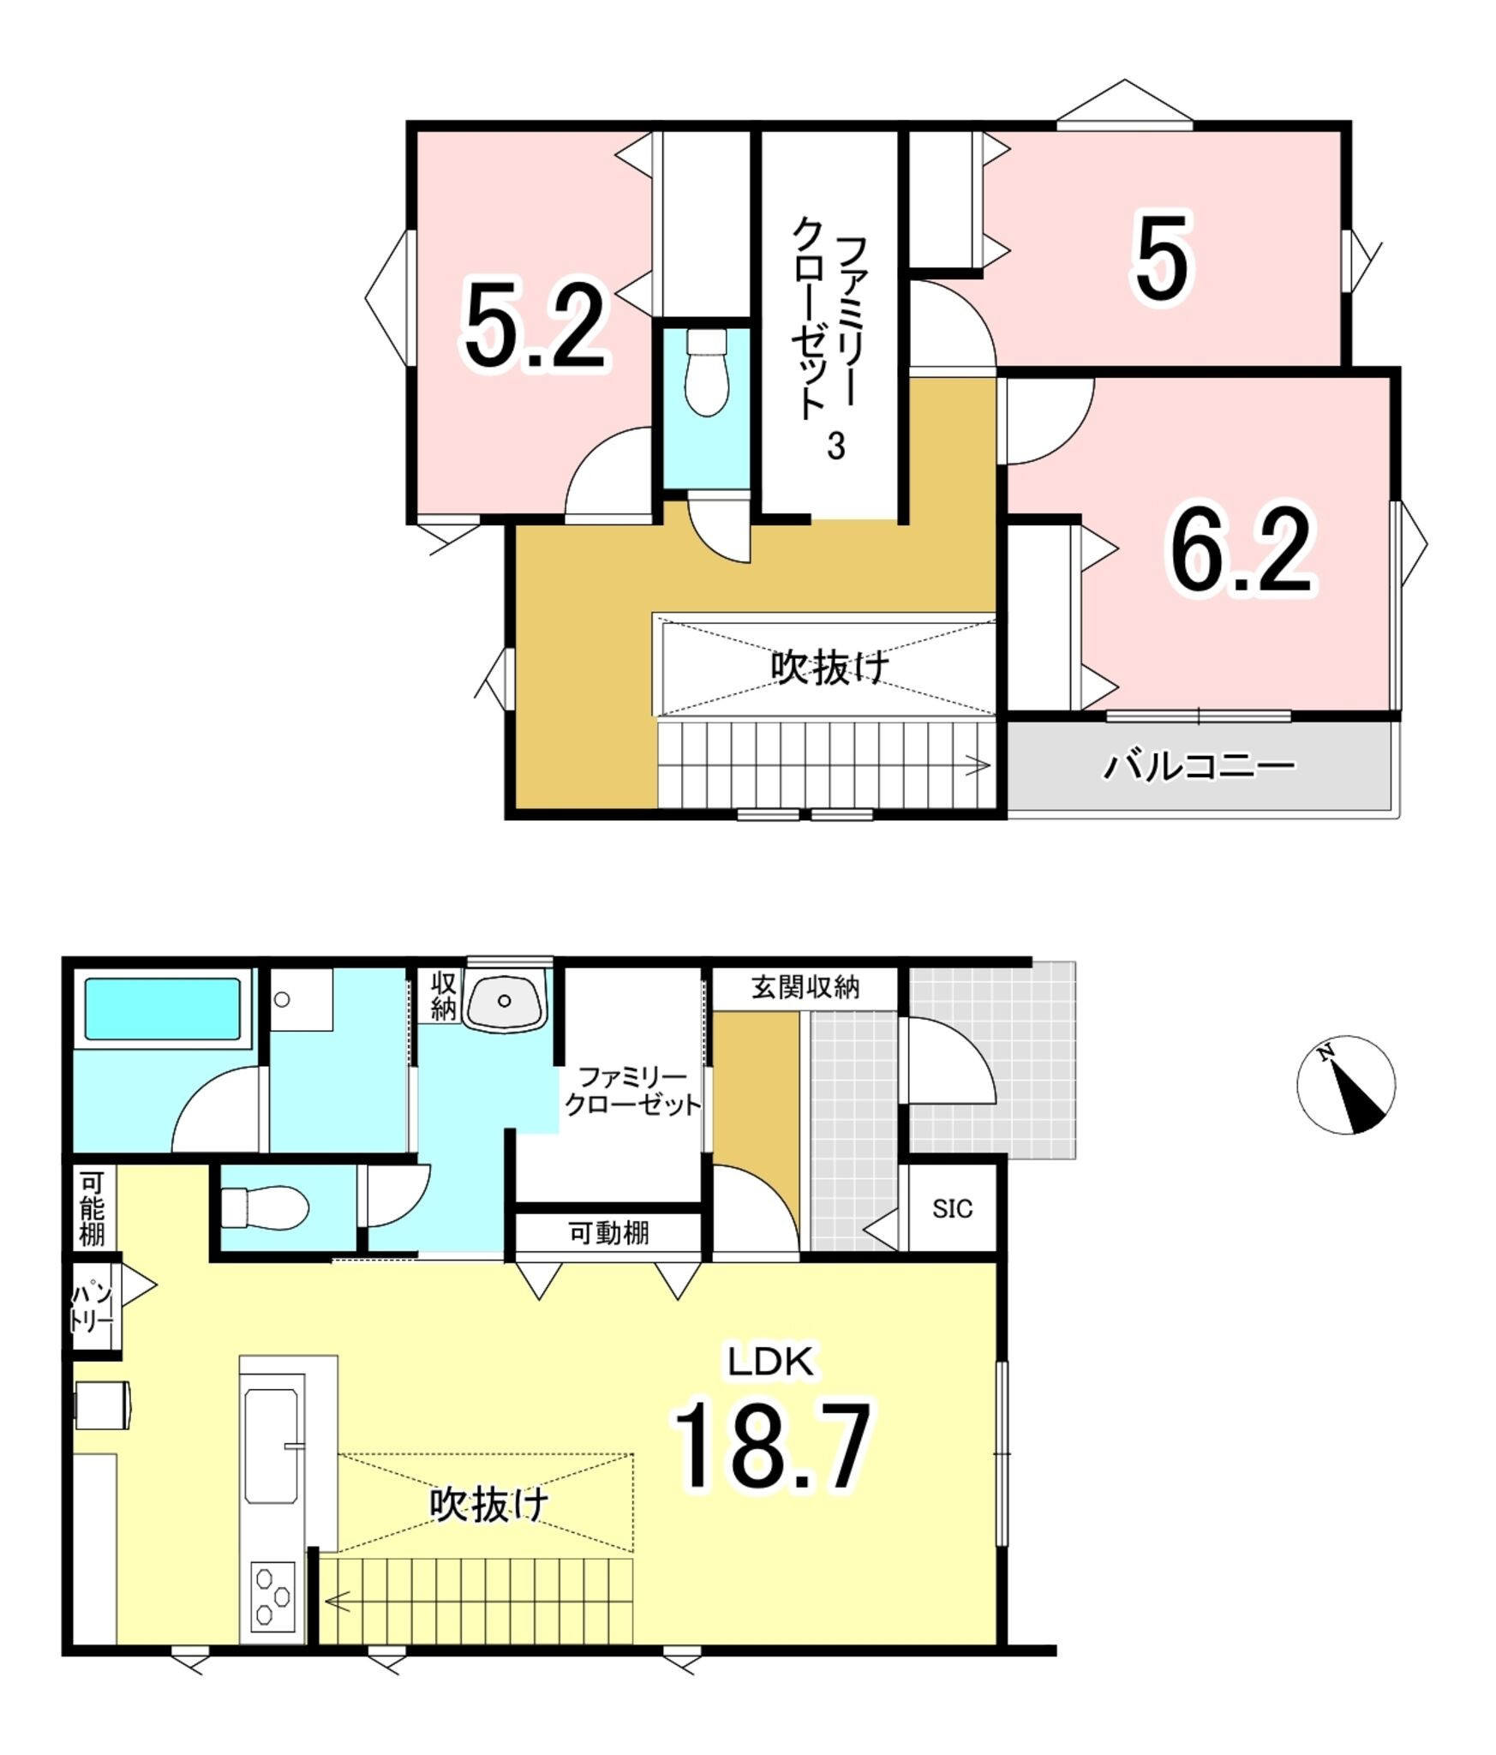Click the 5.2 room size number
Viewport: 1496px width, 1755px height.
(536, 326)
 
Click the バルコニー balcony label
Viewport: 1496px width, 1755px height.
(1199, 765)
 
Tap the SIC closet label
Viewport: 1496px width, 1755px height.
(952, 1209)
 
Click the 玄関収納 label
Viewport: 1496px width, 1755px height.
(805, 987)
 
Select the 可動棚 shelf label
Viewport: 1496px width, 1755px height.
(608, 1233)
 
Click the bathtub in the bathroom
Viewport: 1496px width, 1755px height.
(163, 1009)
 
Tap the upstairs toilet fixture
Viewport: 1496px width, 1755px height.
(707, 373)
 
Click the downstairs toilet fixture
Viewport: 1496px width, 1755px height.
(265, 1207)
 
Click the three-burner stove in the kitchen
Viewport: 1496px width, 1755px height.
(273, 1596)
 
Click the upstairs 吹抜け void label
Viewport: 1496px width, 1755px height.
(829, 668)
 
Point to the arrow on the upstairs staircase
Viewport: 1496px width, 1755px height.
(978, 765)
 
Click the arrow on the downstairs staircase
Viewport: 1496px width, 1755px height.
(338, 1600)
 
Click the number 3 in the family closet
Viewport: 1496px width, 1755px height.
(835, 446)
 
